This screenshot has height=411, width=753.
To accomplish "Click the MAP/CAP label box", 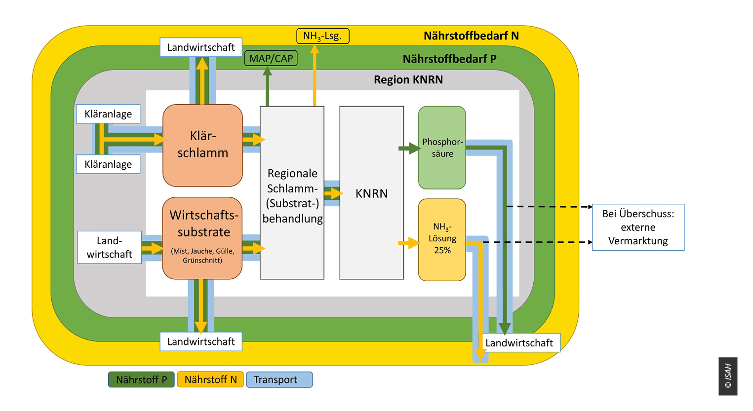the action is [271, 58].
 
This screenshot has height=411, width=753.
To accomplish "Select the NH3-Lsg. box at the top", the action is [323, 36].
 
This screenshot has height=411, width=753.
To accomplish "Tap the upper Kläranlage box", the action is [108, 114].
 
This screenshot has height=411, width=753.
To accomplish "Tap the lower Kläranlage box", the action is [108, 164].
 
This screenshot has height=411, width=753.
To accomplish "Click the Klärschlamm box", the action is [203, 145].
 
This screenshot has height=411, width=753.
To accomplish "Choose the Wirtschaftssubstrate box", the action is [202, 238].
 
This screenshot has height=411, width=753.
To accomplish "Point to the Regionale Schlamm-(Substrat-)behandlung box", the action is [292, 193].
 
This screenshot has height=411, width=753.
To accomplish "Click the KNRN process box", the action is [371, 193].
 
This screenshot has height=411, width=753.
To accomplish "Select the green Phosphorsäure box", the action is [442, 148].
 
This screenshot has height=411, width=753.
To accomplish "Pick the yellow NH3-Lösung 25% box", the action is [442, 239].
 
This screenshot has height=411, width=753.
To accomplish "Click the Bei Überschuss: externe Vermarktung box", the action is [638, 227].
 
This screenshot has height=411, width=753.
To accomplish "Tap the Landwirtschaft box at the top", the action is [201, 47].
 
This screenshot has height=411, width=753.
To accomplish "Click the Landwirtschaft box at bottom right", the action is [519, 343].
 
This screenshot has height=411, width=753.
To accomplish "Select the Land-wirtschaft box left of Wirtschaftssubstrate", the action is [109, 248].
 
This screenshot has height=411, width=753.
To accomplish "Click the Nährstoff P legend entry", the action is [141, 379].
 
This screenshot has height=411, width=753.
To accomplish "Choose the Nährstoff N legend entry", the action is [210, 379].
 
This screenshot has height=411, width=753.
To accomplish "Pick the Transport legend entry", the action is [279, 379].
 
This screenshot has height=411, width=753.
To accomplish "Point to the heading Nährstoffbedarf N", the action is [471, 36].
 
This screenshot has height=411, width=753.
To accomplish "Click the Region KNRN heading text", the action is [408, 79].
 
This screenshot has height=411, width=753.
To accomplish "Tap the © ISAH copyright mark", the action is [728, 376].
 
